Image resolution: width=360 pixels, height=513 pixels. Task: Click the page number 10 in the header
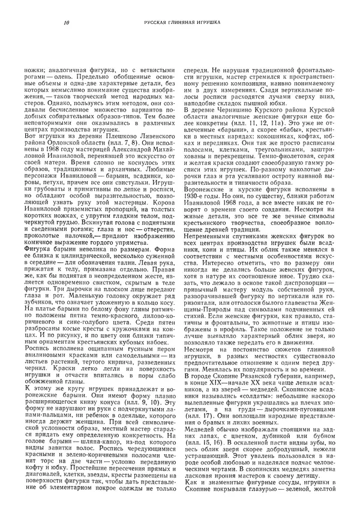[x=65, y=23]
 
